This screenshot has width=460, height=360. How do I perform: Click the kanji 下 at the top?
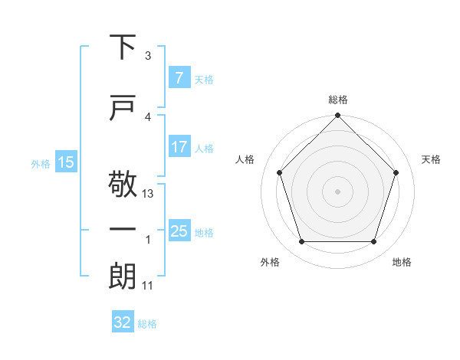click(x=123, y=47)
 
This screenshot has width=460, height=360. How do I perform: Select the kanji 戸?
click(x=123, y=108)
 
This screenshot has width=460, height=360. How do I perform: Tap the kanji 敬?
click(x=123, y=185)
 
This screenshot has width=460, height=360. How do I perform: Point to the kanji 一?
click(x=123, y=229)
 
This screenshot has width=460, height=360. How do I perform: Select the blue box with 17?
click(x=179, y=148)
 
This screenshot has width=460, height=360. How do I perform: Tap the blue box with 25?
click(x=179, y=231)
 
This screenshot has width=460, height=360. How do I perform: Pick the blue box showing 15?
click(x=66, y=162)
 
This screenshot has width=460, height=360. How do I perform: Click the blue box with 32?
click(x=123, y=323)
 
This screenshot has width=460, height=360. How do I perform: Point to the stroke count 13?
click(x=149, y=194)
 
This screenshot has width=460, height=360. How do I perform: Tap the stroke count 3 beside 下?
click(x=148, y=56)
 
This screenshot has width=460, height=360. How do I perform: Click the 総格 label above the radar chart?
click(x=338, y=100)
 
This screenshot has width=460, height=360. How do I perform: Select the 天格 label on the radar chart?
click(x=432, y=159)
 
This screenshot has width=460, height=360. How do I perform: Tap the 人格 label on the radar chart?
click(x=245, y=159)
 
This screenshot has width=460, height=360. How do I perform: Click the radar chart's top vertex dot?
click(x=338, y=116)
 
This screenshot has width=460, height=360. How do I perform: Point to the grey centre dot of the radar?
click(x=338, y=191)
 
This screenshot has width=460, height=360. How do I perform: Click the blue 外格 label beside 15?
click(x=40, y=163)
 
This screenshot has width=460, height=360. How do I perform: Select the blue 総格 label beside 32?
click(x=147, y=324)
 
